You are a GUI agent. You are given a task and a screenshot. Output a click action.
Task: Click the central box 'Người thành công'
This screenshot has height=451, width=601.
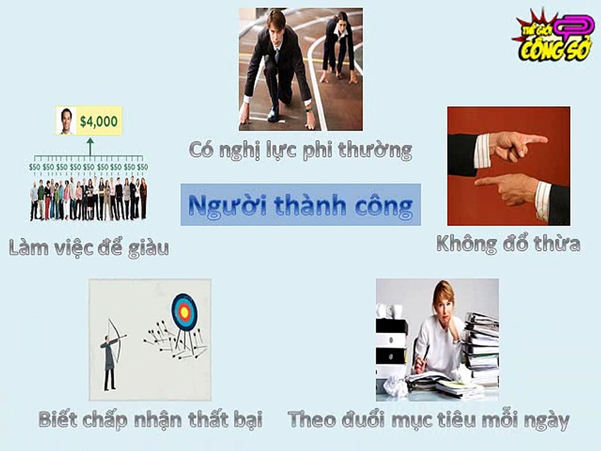[300, 205]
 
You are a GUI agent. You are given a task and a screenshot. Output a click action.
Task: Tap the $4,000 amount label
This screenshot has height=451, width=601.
[99, 121]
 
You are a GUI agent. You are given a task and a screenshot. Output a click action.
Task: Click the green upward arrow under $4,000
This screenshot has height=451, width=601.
[90, 147]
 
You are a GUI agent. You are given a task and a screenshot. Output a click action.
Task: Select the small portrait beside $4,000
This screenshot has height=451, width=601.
[66, 121]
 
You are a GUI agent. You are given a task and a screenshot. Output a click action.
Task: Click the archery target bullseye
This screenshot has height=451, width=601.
[184, 313]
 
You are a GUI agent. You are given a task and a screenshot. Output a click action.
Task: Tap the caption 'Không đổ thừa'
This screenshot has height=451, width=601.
[508, 244]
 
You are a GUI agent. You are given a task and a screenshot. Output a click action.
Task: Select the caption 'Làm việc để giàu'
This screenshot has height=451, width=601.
[88, 248]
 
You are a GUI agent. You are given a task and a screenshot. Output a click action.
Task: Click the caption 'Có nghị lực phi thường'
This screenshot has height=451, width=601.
[300, 150]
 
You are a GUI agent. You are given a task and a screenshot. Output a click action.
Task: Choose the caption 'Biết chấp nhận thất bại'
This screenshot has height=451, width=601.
[151, 419]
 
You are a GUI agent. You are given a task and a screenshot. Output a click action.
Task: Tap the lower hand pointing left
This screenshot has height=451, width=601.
[513, 190]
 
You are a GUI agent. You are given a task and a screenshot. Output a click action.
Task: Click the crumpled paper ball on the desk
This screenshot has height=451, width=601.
[396, 386]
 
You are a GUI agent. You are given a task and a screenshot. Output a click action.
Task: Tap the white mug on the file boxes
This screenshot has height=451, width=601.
[395, 311]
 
